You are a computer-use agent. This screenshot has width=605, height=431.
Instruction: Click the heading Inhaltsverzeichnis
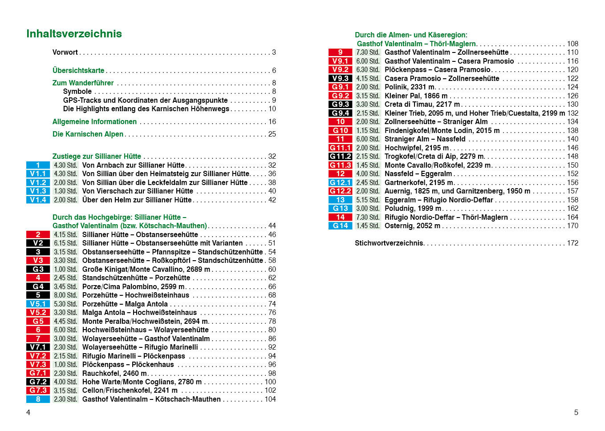coord(74,34)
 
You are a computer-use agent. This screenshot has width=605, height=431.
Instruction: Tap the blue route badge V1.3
coord(38,191)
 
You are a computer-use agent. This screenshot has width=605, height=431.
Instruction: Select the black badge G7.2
coord(38,382)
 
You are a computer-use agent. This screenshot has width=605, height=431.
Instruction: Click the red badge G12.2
coord(340,191)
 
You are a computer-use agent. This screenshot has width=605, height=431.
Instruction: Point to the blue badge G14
coord(340,226)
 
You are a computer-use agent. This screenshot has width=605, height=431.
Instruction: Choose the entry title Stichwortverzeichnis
coord(389,243)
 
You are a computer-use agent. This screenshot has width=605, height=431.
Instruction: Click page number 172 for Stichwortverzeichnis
coord(573,243)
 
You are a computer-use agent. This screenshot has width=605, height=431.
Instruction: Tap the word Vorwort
coord(65,52)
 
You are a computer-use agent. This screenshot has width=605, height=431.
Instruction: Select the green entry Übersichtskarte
coord(78,71)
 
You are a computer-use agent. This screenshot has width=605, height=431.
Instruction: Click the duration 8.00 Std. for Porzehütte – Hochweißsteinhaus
coord(65,295)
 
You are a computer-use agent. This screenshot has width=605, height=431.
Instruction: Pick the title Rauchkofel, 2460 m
coord(114,373)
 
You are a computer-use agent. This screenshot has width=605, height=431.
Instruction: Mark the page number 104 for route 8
coord(270,399)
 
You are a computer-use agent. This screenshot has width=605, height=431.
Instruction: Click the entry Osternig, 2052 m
coord(412,226)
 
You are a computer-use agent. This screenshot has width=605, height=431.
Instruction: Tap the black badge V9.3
coord(340,78)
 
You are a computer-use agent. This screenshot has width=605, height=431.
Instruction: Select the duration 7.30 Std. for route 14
coord(368,218)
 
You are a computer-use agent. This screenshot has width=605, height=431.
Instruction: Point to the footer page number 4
coord(28,412)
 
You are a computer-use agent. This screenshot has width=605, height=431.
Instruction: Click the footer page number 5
coord(576,412)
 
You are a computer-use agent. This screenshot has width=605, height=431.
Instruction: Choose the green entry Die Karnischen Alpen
coord(88,134)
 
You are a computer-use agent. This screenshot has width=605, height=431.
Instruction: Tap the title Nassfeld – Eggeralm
coord(418,174)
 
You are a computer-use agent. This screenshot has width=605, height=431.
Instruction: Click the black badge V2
coord(38,243)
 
